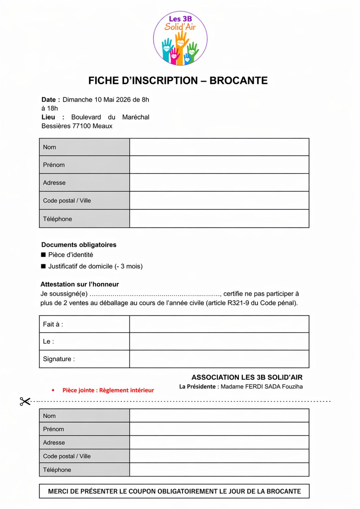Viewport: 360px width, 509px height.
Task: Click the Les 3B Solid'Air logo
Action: click(180, 38)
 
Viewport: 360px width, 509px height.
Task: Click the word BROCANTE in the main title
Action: click(238, 81)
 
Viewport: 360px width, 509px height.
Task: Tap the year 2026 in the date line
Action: click(123, 100)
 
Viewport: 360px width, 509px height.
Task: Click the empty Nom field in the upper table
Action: click(219, 147)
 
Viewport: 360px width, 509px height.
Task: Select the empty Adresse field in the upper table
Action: click(219, 183)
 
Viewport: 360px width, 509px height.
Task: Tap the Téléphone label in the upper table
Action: click(57, 219)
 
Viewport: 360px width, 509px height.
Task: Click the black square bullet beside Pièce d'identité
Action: click(43, 255)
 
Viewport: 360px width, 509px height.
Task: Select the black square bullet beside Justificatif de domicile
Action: click(43, 266)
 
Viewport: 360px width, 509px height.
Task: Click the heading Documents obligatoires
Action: click(79, 245)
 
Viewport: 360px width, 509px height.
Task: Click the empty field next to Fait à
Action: click(219, 324)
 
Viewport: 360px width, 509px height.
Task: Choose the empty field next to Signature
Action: click(219, 359)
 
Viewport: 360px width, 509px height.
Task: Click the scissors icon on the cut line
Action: click(25, 401)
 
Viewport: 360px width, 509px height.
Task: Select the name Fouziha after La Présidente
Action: click(292, 386)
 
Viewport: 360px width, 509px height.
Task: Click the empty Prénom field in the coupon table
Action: click(219, 429)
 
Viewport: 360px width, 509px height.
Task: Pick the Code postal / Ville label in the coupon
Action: click(67, 456)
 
